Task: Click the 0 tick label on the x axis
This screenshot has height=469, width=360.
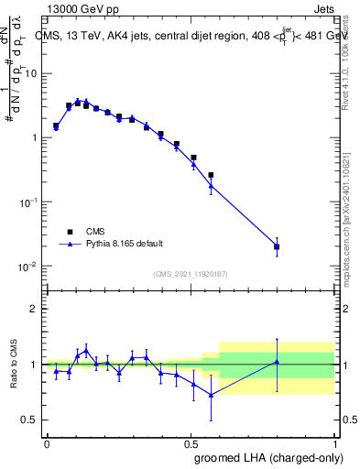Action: point(47,442)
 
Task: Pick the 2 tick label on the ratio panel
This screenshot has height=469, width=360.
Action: point(38,310)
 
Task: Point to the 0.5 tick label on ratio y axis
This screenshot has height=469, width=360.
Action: point(33,420)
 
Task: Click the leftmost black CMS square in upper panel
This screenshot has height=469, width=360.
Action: point(56,125)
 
